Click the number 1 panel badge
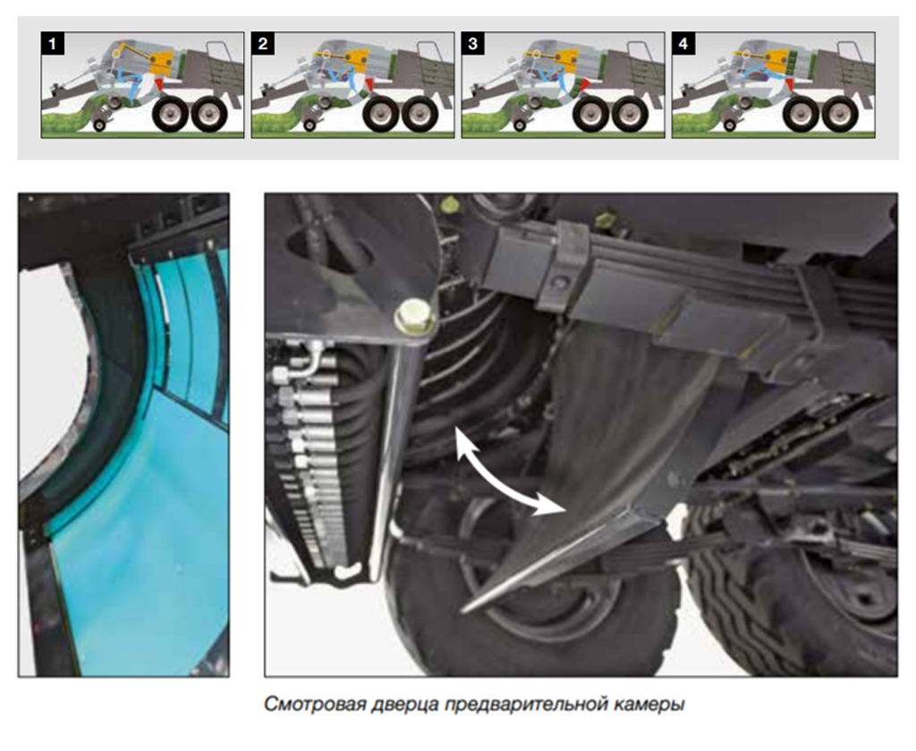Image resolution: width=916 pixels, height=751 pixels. (53, 43)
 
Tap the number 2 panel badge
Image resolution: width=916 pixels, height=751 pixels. (263, 43)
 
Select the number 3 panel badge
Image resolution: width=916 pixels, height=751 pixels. (473, 43)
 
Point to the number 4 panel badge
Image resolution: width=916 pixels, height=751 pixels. (683, 43)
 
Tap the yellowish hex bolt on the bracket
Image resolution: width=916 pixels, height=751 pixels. (415, 316)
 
